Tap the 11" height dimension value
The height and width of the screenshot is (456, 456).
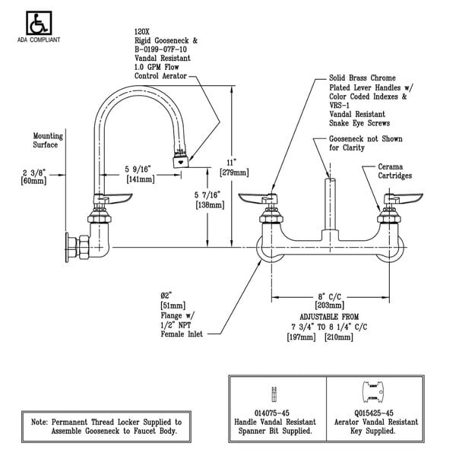coord(227,160)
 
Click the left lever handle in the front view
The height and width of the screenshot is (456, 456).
coord(257,198)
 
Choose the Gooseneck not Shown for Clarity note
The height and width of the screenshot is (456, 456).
coord(364,143)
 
